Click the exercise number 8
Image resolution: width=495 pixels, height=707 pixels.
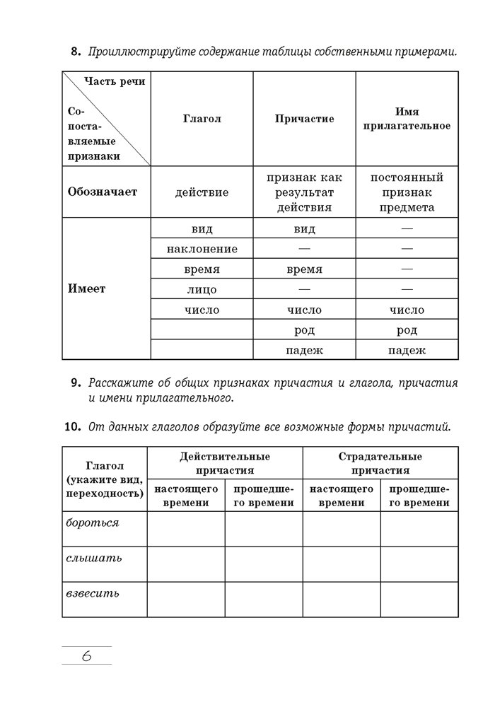pos(74,52)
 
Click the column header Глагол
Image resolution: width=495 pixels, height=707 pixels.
pos(202,119)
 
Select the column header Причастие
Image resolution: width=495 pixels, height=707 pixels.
pos(304,119)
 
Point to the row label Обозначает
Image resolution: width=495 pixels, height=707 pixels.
pos(102,192)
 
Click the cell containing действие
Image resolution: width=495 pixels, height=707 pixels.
pos(202,192)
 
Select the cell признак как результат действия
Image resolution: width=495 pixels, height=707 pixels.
pos(304,192)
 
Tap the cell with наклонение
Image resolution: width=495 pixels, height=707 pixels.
pos(202,249)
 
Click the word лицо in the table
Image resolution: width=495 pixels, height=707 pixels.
pos(202,290)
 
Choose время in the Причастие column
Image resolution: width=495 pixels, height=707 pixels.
pos(304,269)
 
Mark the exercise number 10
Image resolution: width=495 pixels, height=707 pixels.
pos(71,427)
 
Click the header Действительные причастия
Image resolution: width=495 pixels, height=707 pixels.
pos(225,463)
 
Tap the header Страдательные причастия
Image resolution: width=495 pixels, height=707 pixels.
pos(380,463)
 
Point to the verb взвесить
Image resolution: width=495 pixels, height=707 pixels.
pos(92,593)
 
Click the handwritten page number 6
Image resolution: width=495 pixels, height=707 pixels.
pos(86,655)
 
